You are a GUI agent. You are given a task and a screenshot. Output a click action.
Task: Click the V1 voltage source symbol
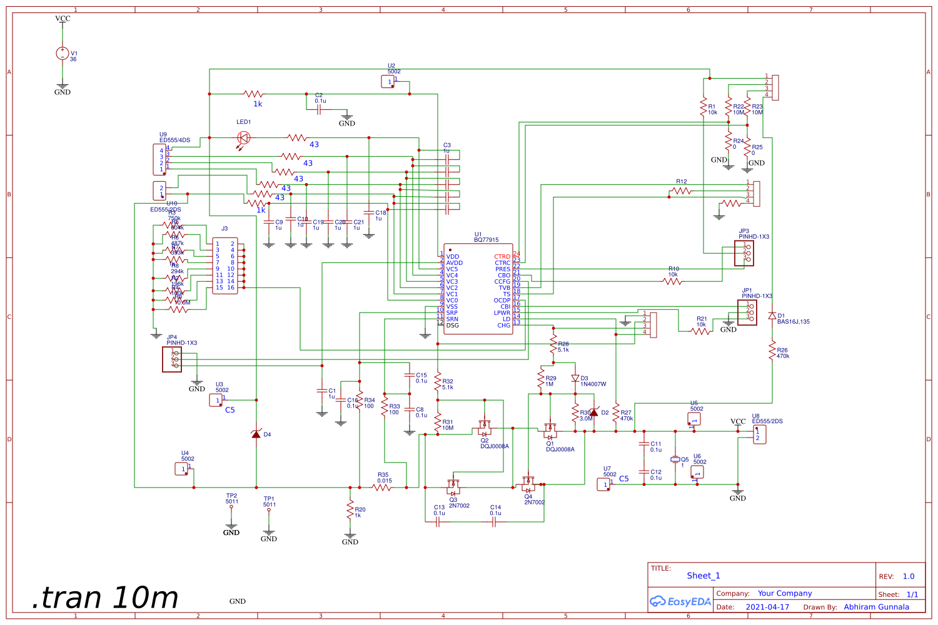(63, 54)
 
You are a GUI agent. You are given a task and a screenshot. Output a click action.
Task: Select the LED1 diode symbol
(244, 137)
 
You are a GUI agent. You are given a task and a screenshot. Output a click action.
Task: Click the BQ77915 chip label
(486, 240)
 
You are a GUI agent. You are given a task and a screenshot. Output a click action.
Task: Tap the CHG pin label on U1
(503, 326)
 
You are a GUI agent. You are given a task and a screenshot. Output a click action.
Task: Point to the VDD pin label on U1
(453, 257)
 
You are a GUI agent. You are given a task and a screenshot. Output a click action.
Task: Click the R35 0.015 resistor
(382, 487)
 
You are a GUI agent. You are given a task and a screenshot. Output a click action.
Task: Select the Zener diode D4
(256, 434)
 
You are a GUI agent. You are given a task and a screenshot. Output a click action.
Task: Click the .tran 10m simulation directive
(105, 597)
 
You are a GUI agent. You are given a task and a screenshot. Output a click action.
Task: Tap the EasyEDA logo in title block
(680, 601)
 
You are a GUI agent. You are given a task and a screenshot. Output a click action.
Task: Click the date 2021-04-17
(767, 607)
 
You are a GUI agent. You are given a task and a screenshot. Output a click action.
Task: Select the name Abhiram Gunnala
(876, 607)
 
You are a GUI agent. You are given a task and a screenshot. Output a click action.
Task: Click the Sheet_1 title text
(703, 576)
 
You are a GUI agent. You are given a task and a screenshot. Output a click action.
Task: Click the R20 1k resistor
(350, 511)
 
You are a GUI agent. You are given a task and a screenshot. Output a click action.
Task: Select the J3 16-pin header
(225, 266)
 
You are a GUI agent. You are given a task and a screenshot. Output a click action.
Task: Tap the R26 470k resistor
(772, 351)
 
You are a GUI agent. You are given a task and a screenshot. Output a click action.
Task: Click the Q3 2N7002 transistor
(453, 486)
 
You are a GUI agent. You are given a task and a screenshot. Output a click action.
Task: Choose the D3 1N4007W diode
(575, 379)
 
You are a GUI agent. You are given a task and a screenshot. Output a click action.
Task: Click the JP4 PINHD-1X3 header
(172, 359)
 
